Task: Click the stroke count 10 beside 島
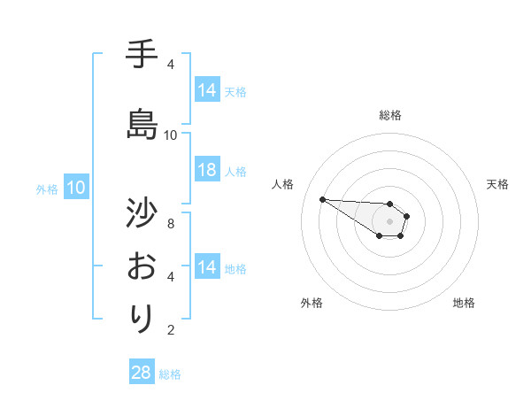pyautogui.click(x=171, y=135)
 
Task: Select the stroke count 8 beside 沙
pyautogui.click(x=171, y=224)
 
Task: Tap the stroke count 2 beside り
pyautogui.click(x=171, y=330)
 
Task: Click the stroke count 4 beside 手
pyautogui.click(x=171, y=65)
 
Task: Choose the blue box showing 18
pyautogui.click(x=207, y=171)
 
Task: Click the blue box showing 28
pyautogui.click(x=142, y=374)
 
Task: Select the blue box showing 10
pyautogui.click(x=76, y=188)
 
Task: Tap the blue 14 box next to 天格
pyautogui.click(x=207, y=90)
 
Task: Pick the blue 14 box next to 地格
pyautogui.click(x=207, y=267)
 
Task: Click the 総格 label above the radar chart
pyautogui.click(x=390, y=115)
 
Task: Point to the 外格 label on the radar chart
pyautogui.click(x=312, y=303)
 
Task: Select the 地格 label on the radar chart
pyautogui.click(x=464, y=303)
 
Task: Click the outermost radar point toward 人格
pyautogui.click(x=322, y=199)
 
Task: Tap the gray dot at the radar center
pyautogui.click(x=389, y=221)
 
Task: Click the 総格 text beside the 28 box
pyautogui.click(x=170, y=374)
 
